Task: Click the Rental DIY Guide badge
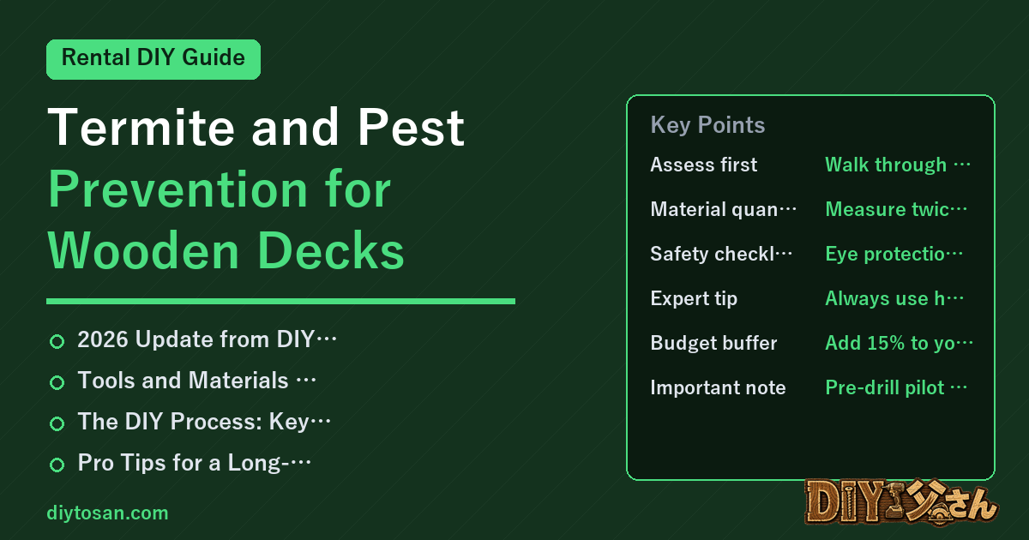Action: coord(153,59)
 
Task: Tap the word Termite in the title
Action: coord(141,127)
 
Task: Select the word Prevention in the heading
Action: coord(178,189)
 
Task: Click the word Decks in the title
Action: coord(331,251)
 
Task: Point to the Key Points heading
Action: coord(707,125)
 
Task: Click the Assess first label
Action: coord(703,165)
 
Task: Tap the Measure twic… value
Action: coord(896,209)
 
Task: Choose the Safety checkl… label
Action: coord(721,254)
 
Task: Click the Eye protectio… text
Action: coord(894,254)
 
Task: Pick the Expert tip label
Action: coord(694,298)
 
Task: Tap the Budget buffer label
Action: coord(713,343)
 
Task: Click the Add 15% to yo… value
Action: coord(899,343)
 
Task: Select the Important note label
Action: coord(718,387)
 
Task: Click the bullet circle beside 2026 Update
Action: coord(57,342)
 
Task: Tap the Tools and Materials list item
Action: coord(196,381)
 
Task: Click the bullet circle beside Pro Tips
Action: coord(57,465)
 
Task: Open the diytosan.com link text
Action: coord(107,513)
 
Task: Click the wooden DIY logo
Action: coord(901,502)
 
